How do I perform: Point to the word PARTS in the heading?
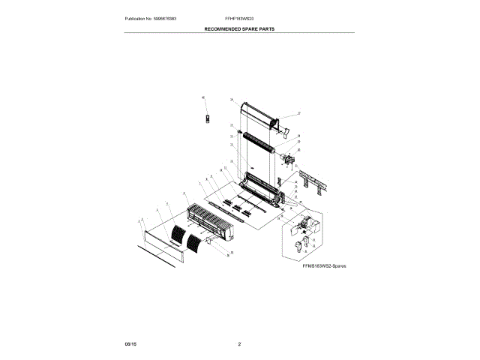tap(268, 27)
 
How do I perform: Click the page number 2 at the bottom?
tap(239, 343)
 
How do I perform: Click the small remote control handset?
tap(208, 119)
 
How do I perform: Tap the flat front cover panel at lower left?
tap(162, 245)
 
